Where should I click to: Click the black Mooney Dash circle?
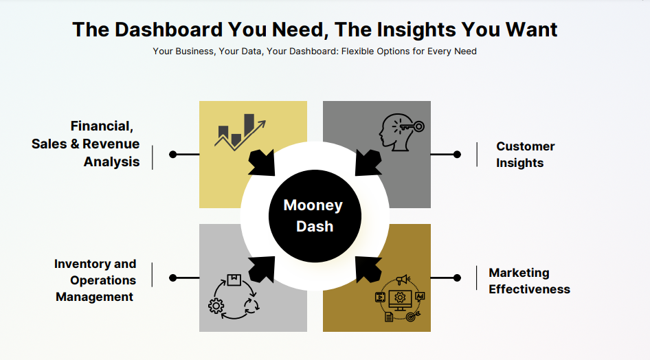click(315, 216)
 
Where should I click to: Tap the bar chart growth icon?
click(240, 132)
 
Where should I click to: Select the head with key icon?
click(401, 132)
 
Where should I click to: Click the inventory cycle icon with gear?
click(234, 297)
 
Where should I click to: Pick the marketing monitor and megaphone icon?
click(400, 298)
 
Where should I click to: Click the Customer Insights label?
click(525, 155)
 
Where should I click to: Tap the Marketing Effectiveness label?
click(529, 281)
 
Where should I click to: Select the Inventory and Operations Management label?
click(95, 280)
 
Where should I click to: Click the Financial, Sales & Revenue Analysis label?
click(85, 144)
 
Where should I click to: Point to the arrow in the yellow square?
click(262, 162)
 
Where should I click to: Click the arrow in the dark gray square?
click(368, 162)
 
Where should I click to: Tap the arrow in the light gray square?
click(262, 269)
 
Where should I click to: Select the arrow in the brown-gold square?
click(368, 269)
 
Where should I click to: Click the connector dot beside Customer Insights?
click(457, 155)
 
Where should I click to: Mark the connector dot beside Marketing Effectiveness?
click(457, 278)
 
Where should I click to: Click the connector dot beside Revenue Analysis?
click(173, 155)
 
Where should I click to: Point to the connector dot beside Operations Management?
click(173, 278)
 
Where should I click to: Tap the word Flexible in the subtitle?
click(358, 52)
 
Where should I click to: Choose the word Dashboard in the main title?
click(169, 30)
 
